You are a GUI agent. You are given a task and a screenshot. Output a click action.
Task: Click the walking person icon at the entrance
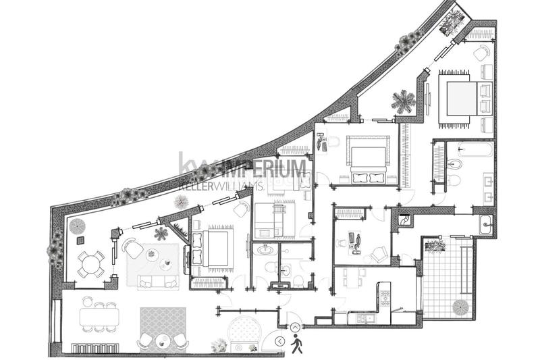point(296,345)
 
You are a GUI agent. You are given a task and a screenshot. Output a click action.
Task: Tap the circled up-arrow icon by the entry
point(295,328)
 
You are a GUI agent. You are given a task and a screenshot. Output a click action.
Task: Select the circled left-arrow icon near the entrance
point(281,342)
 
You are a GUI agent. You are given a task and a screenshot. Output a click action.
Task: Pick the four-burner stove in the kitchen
point(385,298)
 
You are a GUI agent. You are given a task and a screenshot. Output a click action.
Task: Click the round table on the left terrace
point(90,264)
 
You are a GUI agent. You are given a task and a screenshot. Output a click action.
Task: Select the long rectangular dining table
point(99,316)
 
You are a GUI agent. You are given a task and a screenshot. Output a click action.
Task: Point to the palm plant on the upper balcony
point(404,102)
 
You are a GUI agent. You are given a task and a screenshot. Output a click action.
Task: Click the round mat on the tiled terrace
point(460,308)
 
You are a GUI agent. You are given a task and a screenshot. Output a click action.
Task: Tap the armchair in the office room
point(379,254)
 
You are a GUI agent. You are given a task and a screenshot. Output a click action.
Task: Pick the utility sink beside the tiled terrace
point(485,225)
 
